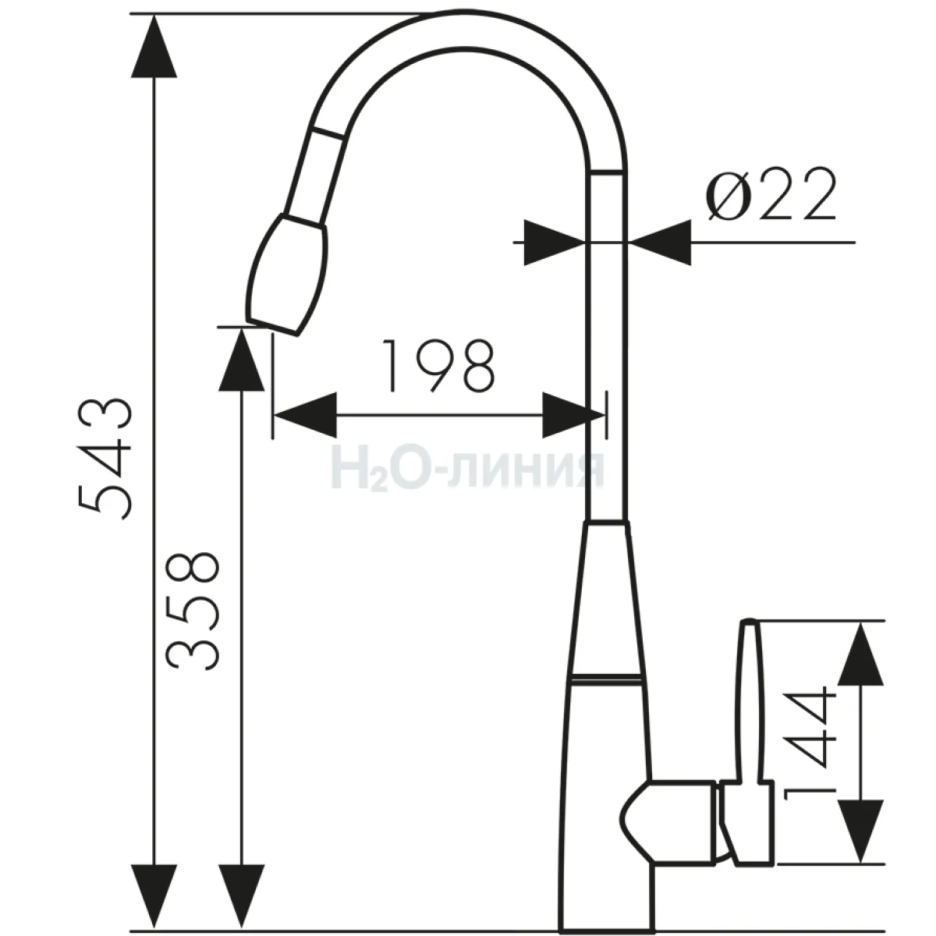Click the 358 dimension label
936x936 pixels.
click(193, 611)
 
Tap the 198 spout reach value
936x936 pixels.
click(438, 365)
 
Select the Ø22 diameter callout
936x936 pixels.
click(771, 194)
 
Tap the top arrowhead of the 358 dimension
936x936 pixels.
click(241, 359)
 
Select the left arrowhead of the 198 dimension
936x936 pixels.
click(306, 415)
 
